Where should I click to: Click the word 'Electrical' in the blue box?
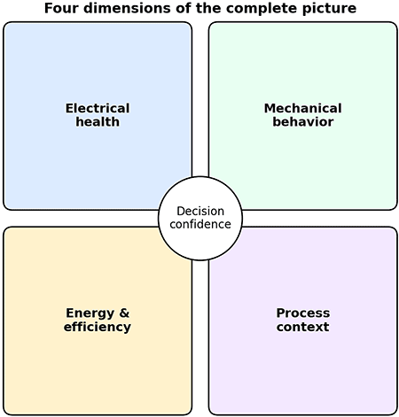point(98,108)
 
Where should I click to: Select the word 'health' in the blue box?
point(98,121)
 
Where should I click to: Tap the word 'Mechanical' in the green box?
point(302,108)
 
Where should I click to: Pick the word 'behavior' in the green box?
point(302,121)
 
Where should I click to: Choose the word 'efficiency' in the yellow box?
point(98,327)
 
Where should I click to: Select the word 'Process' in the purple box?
point(302,313)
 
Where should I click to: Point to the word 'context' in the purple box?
point(302,327)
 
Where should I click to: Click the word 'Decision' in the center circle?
point(200,211)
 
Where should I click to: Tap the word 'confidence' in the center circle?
point(200,224)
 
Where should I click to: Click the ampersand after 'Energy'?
point(123,313)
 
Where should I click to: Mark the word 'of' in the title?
point(176,8)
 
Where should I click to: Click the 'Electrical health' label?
point(98,115)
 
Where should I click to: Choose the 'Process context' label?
point(302,320)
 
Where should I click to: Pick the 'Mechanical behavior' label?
point(302,115)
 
